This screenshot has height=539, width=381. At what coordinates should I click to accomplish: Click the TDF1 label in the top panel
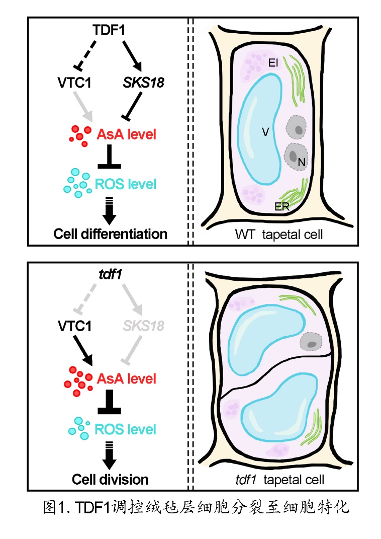(109, 30)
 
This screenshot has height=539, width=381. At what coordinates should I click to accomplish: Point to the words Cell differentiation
(110, 234)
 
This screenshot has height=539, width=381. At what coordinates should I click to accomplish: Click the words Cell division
(110, 479)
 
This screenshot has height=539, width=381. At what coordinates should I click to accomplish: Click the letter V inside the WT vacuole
(265, 132)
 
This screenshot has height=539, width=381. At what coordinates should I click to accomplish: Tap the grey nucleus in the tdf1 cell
(311, 343)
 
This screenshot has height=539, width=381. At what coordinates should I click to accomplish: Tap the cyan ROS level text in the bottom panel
(126, 429)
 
